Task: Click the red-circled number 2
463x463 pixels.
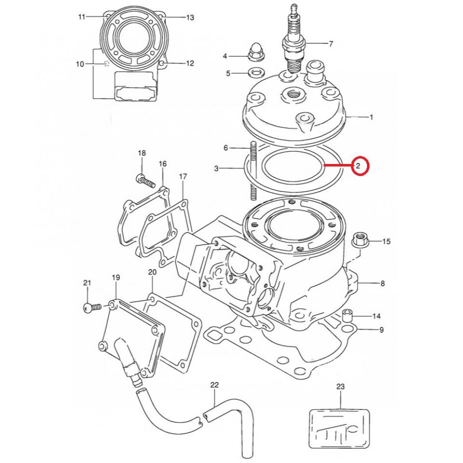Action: tap(359, 166)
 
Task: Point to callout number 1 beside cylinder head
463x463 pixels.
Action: tap(371, 117)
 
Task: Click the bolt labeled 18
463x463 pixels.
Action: tap(144, 180)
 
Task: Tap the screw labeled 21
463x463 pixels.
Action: tap(92, 306)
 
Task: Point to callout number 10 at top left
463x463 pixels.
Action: tap(80, 64)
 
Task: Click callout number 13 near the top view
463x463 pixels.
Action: tap(190, 18)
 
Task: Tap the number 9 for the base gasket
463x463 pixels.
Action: tap(381, 330)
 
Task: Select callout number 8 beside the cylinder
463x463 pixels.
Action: tap(382, 284)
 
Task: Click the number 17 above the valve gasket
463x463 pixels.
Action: tap(183, 177)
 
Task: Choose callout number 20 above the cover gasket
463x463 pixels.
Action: tap(152, 272)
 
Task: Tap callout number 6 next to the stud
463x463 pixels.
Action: tap(225, 148)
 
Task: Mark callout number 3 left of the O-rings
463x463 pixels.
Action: tap(217, 168)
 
